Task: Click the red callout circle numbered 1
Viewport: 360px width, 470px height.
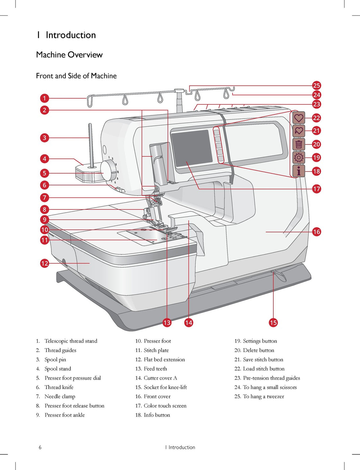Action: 44,99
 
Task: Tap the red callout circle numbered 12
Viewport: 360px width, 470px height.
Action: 44,263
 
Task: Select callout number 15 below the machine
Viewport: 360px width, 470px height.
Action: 273,323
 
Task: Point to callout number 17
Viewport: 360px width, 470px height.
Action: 316,189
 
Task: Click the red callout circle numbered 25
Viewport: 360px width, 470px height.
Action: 316,85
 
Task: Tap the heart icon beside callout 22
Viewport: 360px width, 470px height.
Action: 299,118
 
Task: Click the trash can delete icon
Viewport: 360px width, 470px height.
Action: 299,144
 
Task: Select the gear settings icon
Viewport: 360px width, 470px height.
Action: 299,157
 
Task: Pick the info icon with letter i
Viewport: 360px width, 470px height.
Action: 299,171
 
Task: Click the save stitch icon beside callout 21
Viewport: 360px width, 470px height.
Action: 299,131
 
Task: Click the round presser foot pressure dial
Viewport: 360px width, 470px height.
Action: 108,171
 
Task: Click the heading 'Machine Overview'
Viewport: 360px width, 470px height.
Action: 69,55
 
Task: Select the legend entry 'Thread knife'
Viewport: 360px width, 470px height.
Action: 59,387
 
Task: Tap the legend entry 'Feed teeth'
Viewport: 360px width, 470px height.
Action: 155,368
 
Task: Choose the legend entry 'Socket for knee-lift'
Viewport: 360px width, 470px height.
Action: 165,387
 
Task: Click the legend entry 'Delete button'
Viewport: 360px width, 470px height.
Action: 259,350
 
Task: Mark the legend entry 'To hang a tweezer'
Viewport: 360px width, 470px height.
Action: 263,396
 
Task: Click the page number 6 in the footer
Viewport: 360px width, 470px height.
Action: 40,447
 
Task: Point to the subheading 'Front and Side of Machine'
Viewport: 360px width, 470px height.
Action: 76,76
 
